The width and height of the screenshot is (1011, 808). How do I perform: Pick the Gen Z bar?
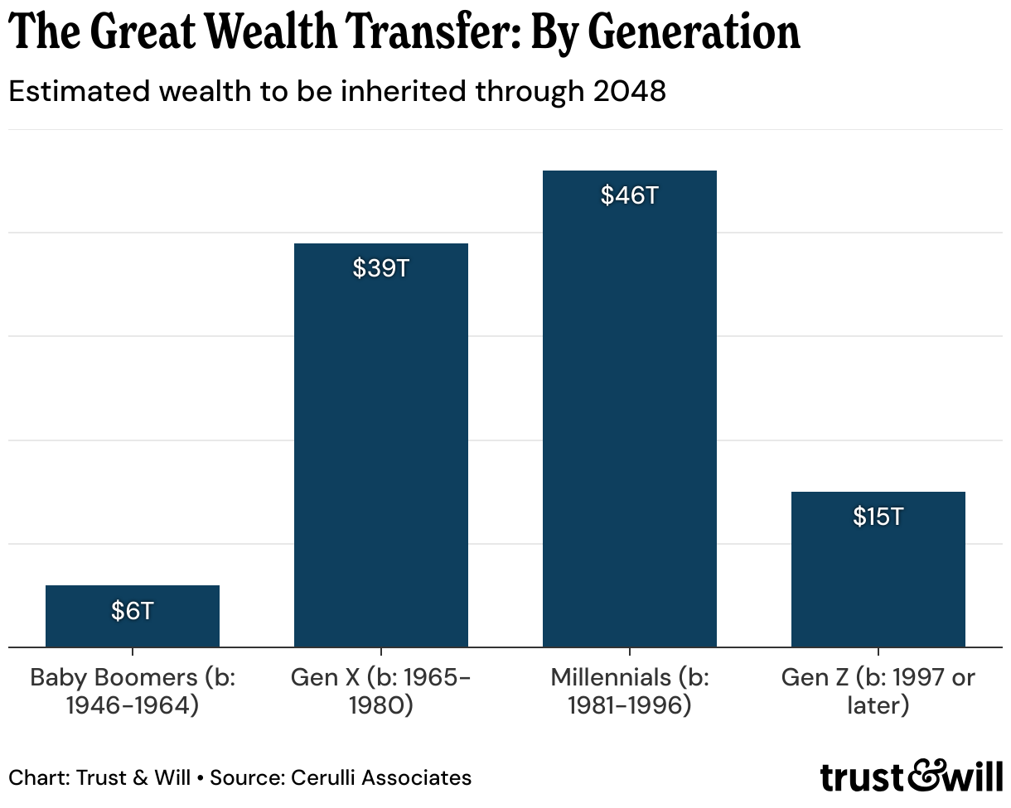coord(878,580)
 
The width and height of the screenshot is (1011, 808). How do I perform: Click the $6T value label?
coord(133,611)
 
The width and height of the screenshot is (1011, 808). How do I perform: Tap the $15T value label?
coord(878,517)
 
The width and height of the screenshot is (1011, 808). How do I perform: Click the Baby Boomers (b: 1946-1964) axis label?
coord(133,692)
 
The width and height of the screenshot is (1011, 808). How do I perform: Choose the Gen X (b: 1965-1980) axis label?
coord(381,692)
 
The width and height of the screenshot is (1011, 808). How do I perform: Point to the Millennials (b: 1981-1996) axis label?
coord(630,692)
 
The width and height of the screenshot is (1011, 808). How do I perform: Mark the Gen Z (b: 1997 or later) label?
coord(878,692)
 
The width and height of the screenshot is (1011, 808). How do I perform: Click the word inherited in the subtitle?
coord(393,92)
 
